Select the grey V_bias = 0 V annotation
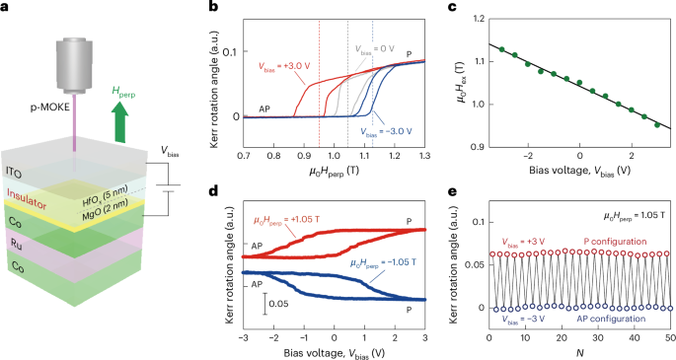coord(381,49)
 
